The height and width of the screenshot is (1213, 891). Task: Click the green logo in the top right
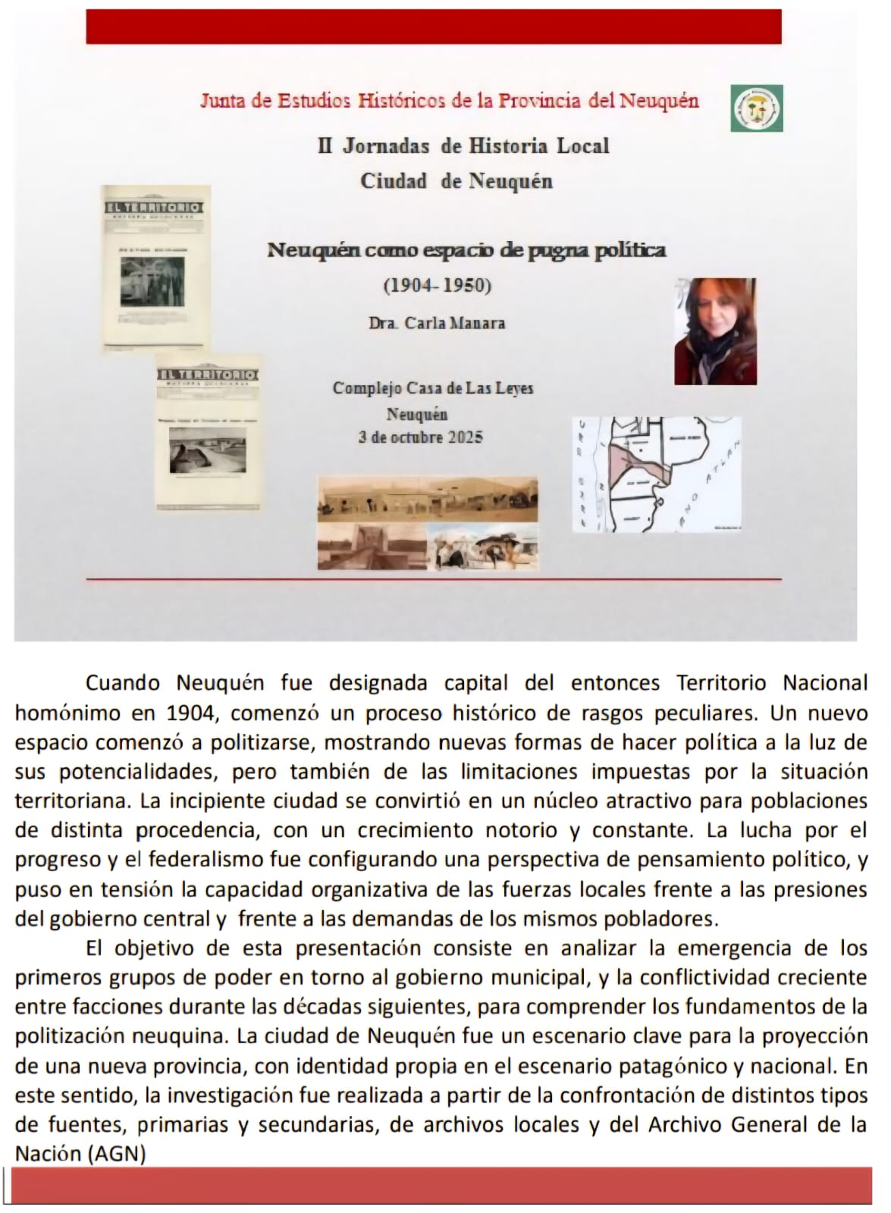(757, 108)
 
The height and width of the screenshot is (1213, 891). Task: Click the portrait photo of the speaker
(715, 331)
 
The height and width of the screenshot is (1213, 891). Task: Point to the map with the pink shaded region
(656, 474)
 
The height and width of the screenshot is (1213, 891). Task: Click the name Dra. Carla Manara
(437, 323)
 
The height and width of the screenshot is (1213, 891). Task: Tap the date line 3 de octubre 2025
(421, 437)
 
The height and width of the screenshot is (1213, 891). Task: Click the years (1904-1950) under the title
(438, 286)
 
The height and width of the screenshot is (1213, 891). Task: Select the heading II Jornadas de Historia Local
(463, 146)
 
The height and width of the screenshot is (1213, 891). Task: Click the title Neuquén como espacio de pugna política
(466, 249)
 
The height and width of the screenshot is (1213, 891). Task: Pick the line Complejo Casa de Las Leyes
(433, 388)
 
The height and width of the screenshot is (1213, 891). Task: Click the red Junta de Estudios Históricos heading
(449, 100)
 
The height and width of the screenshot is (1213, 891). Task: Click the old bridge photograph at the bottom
(369, 547)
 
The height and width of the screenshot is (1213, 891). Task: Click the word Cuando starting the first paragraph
(122, 683)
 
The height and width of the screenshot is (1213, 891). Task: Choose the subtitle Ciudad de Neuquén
(456, 181)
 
